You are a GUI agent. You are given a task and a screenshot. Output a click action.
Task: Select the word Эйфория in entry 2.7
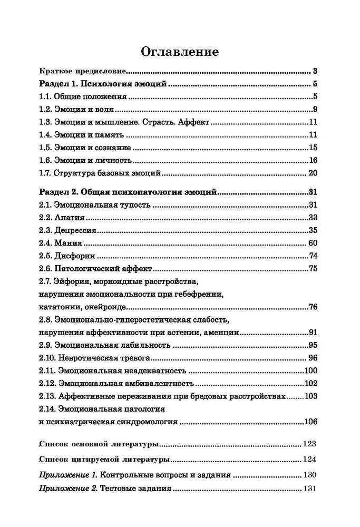click(x=75, y=282)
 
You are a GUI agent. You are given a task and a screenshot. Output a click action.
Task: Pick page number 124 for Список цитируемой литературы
click(x=309, y=458)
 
